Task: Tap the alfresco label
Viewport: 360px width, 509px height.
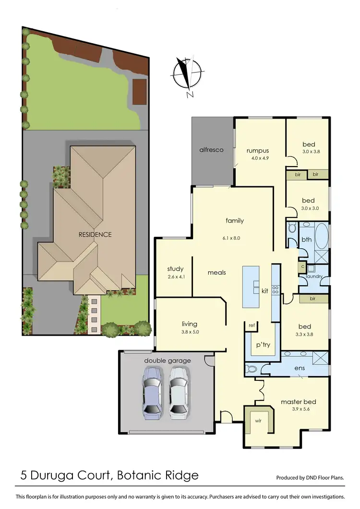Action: pos(212,150)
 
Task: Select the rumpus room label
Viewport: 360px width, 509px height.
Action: pos(257,150)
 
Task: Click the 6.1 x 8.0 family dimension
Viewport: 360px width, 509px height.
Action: pos(235,237)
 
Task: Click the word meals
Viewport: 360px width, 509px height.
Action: pos(216,273)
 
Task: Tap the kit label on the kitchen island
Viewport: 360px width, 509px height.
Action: pos(264,291)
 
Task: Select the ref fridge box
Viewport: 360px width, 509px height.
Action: pos(251,326)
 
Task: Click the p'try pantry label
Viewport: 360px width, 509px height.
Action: pos(262,345)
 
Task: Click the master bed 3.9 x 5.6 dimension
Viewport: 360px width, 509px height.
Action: pos(299,410)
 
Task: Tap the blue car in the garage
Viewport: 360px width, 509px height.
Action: pos(152,392)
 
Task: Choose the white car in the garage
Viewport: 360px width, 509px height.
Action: pos(178,392)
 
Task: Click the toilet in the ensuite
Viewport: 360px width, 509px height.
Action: pos(252,369)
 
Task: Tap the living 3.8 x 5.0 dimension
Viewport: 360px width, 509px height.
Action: pos(190,332)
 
